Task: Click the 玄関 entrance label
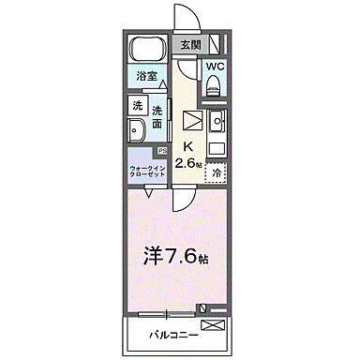tap(190, 43)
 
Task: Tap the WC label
tap(214, 67)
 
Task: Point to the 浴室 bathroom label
tap(145, 74)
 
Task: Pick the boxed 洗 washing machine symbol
tap(136, 105)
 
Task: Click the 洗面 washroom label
tap(157, 114)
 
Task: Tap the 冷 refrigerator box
tap(217, 172)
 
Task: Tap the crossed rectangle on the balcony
tap(214, 325)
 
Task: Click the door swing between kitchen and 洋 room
tap(182, 194)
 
